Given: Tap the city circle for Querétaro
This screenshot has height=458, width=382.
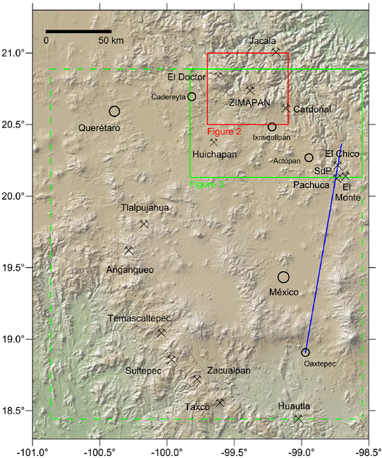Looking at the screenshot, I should [115, 111].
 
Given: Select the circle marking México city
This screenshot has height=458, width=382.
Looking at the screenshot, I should [283, 277].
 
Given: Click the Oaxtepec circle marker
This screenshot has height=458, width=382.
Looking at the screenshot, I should [305, 352].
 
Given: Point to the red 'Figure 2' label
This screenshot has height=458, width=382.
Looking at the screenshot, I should [225, 131].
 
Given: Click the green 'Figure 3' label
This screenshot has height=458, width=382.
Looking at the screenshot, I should [207, 184].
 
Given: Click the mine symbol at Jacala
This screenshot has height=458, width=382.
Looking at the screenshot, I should [276, 51].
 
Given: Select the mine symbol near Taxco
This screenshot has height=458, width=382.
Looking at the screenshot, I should [220, 403].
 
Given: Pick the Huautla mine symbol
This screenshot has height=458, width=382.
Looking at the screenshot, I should [298, 419].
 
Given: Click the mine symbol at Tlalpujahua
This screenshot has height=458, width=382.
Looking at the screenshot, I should [144, 224].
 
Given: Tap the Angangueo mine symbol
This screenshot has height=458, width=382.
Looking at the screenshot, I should [128, 250].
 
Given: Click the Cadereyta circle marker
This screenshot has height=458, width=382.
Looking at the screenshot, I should [192, 97].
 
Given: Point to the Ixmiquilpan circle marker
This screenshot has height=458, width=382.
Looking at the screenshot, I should [272, 127].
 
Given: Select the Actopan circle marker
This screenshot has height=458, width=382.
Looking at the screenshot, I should [309, 158].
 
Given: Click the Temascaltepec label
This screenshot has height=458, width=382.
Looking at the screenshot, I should [139, 318].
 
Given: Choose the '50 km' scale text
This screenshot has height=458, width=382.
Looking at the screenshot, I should [111, 41].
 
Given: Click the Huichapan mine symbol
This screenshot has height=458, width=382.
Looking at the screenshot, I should [214, 142].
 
